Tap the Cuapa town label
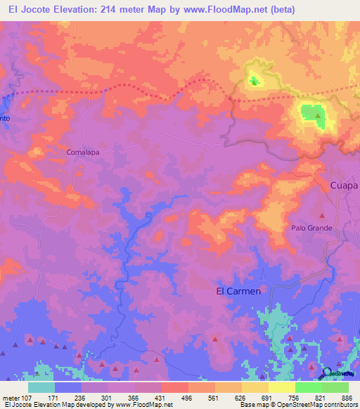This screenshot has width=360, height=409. coord(344,186)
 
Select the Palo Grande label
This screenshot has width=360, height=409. coord(311,228)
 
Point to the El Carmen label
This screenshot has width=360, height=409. coord(237,290)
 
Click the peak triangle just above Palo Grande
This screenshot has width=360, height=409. coord(323,216)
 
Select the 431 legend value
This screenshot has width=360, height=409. coord(161,397)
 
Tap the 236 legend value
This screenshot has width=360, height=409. coord(81,397)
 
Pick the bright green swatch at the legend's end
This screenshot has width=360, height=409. coord(335,387)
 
